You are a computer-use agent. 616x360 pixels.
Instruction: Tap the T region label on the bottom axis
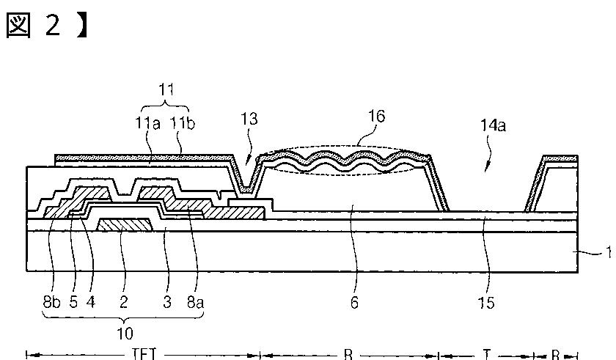488,355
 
